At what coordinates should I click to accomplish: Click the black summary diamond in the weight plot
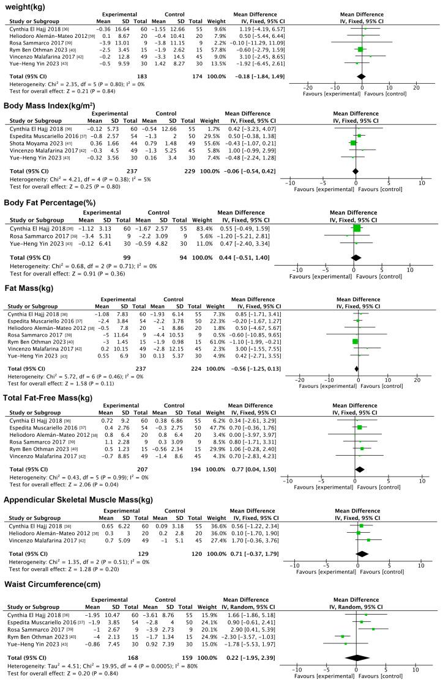pyautogui.click(x=361, y=76)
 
